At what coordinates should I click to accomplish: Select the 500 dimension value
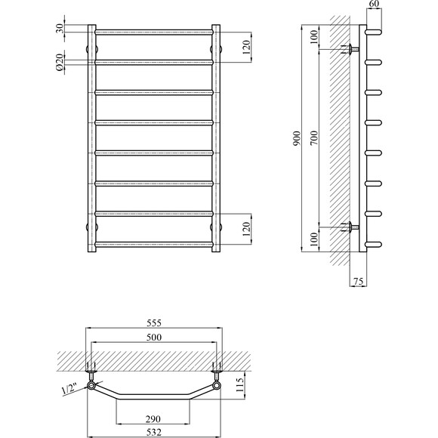point(153,338)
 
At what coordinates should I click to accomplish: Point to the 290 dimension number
point(153,418)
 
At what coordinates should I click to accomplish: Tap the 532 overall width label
point(153,432)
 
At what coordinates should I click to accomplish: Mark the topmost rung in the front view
point(153,31)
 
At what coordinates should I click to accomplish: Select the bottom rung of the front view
point(153,242)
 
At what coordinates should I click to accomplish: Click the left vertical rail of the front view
point(92,140)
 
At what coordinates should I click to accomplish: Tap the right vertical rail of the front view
point(216,140)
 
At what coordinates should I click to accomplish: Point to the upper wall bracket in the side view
point(350,49)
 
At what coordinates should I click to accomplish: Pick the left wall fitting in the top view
point(91,375)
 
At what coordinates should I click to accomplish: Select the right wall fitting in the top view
point(217,375)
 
